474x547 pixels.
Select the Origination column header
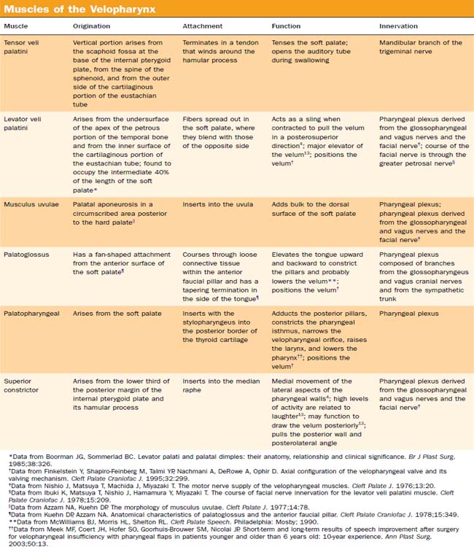92,26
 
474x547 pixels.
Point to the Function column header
288,26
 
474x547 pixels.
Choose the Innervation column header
399,26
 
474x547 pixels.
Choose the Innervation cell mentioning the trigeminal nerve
420,47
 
